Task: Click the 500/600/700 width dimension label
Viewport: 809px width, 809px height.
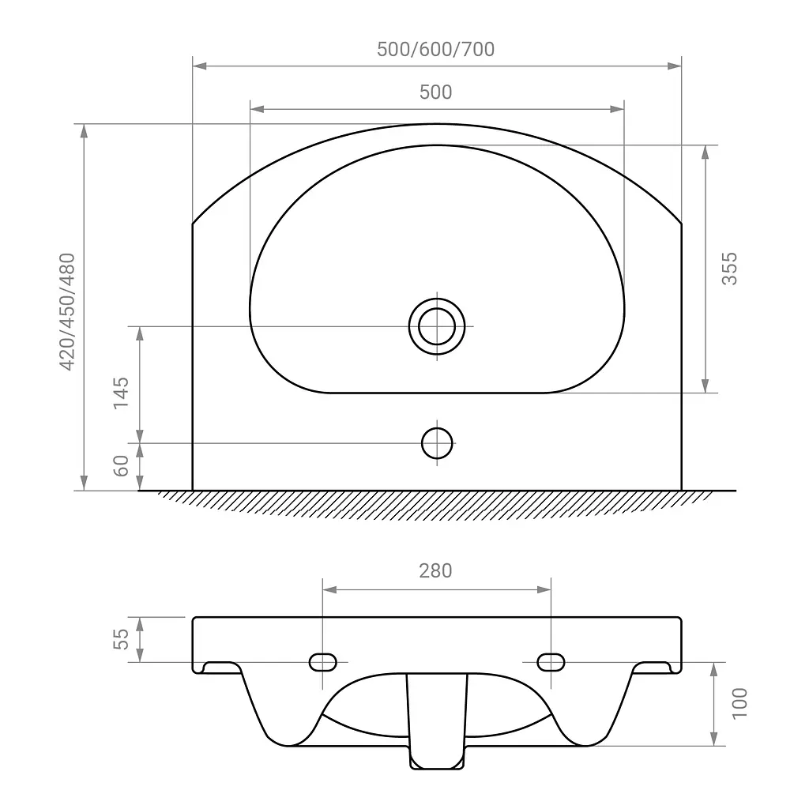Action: click(435, 50)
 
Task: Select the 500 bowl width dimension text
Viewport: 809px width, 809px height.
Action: click(436, 92)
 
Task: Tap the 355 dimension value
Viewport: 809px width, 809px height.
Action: click(729, 269)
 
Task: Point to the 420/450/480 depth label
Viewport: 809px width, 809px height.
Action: click(68, 311)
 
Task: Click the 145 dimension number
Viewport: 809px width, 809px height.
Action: click(121, 393)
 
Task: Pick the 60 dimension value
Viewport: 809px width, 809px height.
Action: click(121, 466)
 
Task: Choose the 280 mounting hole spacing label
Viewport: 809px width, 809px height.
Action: click(435, 571)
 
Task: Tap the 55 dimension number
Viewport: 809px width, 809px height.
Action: click(121, 639)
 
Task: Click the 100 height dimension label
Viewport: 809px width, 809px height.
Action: click(739, 702)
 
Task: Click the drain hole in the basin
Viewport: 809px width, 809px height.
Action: click(437, 326)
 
